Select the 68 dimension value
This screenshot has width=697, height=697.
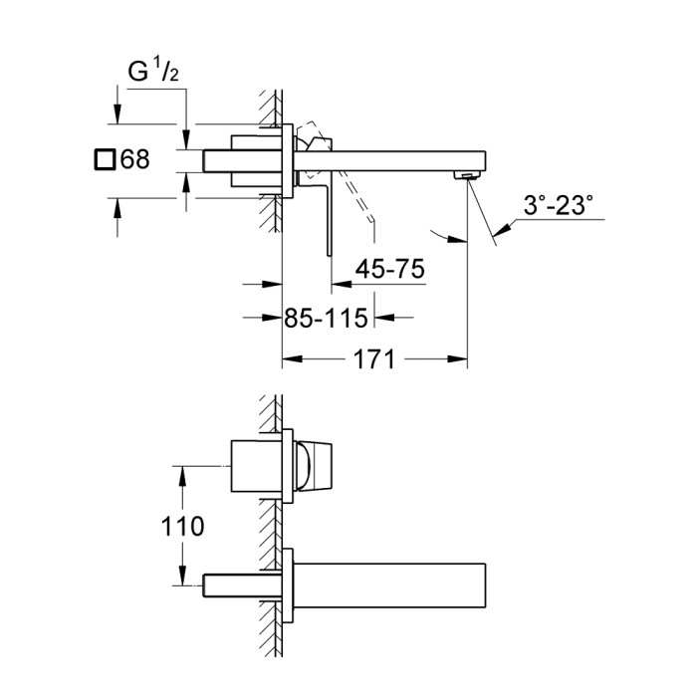(133, 158)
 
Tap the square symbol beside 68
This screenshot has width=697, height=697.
(104, 158)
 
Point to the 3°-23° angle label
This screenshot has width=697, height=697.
(558, 206)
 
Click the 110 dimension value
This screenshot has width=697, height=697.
(183, 525)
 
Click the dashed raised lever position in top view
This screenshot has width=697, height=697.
(355, 199)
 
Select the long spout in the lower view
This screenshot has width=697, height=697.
(388, 581)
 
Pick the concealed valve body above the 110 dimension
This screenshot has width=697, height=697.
(255, 464)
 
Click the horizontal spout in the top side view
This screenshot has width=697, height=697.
(398, 159)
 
